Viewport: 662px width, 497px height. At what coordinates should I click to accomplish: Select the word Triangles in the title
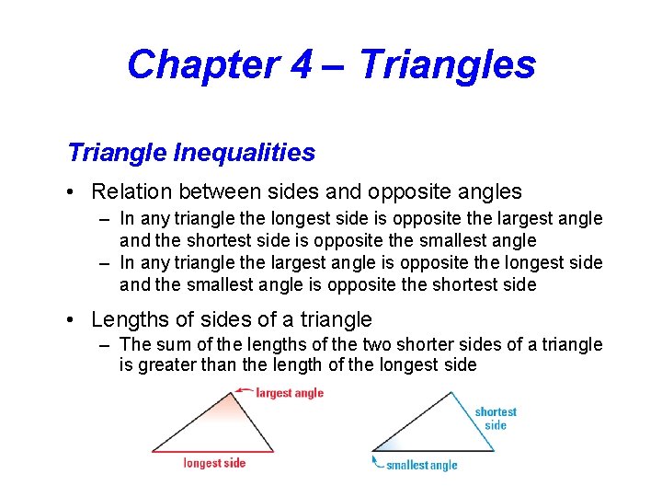pyautogui.click(x=448, y=64)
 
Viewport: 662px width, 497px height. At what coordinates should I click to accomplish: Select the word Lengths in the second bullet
pyautogui.click(x=130, y=320)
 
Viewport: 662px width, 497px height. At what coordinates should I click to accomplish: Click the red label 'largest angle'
pyautogui.click(x=290, y=393)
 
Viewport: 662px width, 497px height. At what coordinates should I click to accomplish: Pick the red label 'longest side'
pyautogui.click(x=214, y=463)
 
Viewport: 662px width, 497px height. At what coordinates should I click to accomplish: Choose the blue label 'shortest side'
pyautogui.click(x=496, y=418)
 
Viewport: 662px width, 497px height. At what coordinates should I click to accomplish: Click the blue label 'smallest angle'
pyautogui.click(x=421, y=465)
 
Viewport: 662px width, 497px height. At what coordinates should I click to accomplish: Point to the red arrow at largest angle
pyautogui.click(x=244, y=390)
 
